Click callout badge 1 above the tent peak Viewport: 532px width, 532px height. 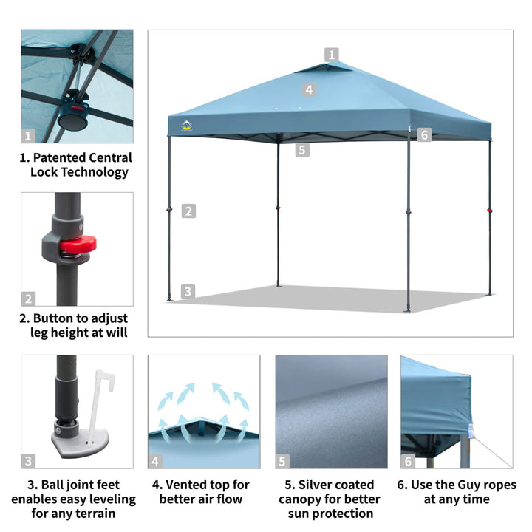coord(332,54)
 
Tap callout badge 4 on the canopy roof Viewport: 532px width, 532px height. coord(310,89)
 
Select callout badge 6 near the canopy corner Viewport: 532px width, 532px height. coord(423,134)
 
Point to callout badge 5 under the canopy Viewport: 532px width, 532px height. coord(301,150)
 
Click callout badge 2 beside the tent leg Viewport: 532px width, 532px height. coord(188,211)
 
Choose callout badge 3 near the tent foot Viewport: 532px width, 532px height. coord(188,291)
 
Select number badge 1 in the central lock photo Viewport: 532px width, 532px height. coord(28,136)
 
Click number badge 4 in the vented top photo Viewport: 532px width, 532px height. coord(155,462)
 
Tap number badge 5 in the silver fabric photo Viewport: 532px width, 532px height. coord(282,462)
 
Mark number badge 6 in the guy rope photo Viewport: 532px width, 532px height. coord(409,462)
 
